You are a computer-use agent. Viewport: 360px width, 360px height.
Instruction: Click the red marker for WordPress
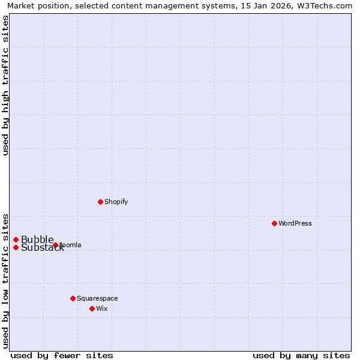pos(274,223)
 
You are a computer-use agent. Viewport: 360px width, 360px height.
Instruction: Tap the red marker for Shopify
pos(100,202)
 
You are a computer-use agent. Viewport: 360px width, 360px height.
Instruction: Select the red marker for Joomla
pos(55,245)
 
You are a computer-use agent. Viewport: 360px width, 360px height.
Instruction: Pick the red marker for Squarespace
pos(73,298)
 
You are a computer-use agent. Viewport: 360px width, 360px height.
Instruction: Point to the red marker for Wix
pos(92,308)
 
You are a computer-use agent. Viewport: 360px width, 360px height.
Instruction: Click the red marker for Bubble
pos(16,239)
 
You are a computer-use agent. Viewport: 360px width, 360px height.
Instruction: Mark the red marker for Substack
pos(16,247)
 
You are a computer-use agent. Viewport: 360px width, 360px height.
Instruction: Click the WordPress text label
pos(295,223)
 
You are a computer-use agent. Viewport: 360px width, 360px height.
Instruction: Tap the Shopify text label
pos(116,202)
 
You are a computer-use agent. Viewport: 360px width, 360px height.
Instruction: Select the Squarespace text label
pos(97,298)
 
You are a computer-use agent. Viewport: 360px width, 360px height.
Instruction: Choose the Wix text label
pos(102,308)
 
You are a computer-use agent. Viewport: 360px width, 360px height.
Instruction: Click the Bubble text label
pos(37,239)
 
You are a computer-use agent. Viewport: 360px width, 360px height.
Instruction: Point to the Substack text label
pos(42,248)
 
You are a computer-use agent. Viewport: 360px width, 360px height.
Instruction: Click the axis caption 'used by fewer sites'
pos(62,355)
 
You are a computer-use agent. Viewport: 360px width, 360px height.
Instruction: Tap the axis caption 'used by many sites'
pos(301,355)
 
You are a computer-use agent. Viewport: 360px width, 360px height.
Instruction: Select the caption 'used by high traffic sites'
pos(6,85)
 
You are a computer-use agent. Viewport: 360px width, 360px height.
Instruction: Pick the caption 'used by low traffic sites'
pos(6,280)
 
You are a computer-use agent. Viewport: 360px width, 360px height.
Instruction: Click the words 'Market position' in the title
pos(36,6)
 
